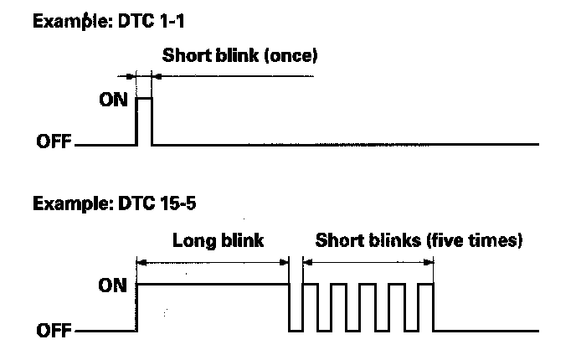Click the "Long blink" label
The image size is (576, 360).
point(218,241)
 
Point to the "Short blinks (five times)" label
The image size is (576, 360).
point(419,241)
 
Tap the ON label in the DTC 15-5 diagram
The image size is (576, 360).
point(109,285)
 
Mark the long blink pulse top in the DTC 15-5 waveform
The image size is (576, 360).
point(213,285)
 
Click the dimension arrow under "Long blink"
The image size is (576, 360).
point(213,261)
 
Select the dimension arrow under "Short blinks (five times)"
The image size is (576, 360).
point(368,261)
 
